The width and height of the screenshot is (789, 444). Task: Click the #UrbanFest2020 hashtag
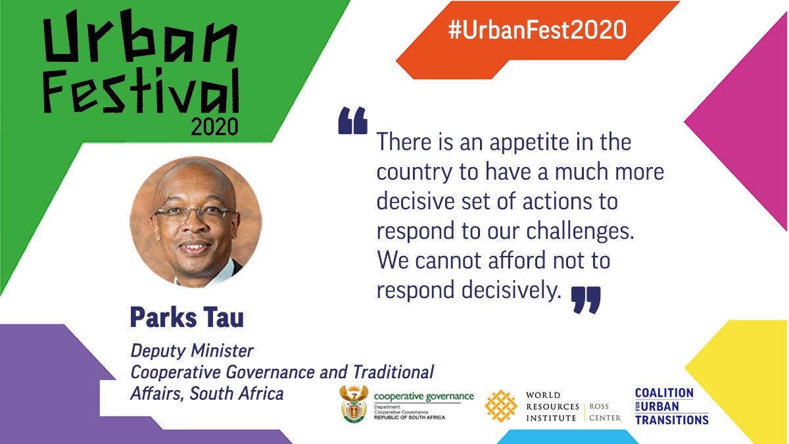[x=537, y=31]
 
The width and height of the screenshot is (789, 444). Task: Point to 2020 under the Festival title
[x=214, y=126]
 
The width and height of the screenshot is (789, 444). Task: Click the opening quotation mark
[x=352, y=122]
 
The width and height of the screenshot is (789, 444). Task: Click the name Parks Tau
[x=187, y=317]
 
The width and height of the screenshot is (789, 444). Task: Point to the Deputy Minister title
[x=192, y=351]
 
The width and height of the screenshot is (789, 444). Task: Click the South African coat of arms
[x=354, y=405]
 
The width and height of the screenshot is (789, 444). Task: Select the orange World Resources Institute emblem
[x=501, y=405]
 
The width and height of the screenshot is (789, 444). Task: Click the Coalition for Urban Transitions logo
[x=671, y=406]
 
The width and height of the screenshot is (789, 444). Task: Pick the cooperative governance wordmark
[x=423, y=397]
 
